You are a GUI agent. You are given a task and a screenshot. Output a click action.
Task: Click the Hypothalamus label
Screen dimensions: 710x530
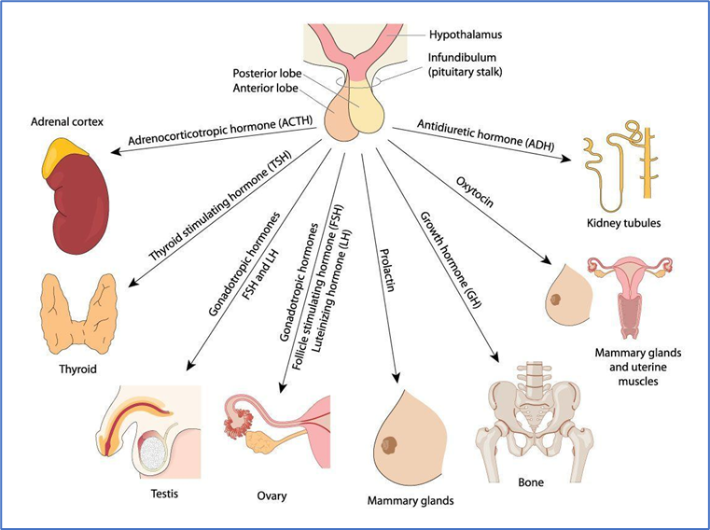point(466,35)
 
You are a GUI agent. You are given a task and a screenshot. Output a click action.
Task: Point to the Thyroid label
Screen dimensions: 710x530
point(77,369)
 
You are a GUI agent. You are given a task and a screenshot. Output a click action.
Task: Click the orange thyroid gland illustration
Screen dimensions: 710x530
point(78,314)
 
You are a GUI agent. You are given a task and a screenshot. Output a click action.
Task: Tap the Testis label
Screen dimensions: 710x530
point(164,494)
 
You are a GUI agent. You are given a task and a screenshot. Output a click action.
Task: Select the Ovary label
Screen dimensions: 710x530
point(271,496)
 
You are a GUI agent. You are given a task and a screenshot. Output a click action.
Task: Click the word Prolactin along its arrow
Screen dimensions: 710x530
point(387,270)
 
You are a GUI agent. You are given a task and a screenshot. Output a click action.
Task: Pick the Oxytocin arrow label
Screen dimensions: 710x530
point(475,192)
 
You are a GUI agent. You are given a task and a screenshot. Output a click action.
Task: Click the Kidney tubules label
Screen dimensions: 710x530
point(623,223)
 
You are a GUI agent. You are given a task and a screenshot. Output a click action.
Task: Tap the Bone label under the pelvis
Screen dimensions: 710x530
point(531,482)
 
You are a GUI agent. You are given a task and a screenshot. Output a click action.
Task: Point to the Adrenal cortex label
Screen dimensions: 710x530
point(67,122)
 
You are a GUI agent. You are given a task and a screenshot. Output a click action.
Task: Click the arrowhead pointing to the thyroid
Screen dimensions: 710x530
point(133,283)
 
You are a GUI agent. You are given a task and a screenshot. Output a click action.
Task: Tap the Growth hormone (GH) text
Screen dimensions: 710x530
point(451,260)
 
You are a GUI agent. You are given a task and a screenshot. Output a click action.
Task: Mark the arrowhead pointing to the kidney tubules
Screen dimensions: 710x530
point(565,159)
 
